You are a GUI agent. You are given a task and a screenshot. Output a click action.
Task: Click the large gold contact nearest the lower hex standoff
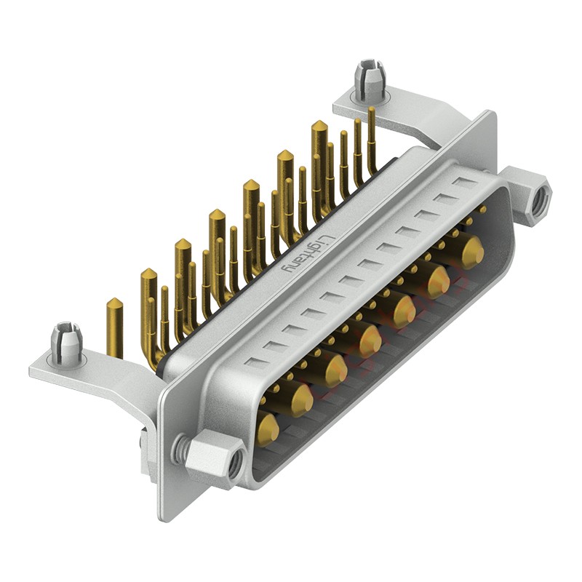click(x=267, y=430)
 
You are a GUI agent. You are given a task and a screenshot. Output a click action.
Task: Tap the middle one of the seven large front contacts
click(x=369, y=339)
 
